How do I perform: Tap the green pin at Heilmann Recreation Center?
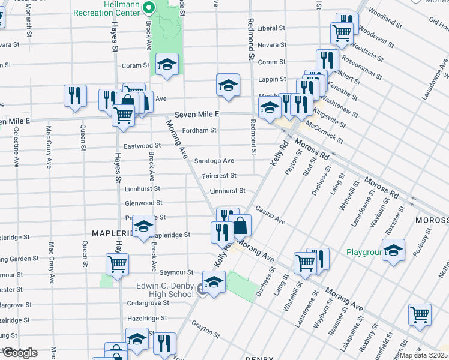(x=151, y=8)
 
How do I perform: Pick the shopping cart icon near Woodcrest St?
(x=342, y=34)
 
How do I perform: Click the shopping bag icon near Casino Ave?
(x=240, y=226)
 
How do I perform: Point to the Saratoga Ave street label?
(x=214, y=161)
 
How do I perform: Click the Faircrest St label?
(x=219, y=176)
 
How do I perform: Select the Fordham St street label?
(x=200, y=130)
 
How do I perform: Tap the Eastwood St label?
(x=142, y=145)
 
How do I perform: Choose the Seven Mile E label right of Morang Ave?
(x=197, y=114)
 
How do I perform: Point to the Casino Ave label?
(x=270, y=214)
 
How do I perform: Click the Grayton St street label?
(x=205, y=326)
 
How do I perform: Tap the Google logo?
(x=19, y=353)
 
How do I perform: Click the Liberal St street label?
(x=271, y=28)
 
